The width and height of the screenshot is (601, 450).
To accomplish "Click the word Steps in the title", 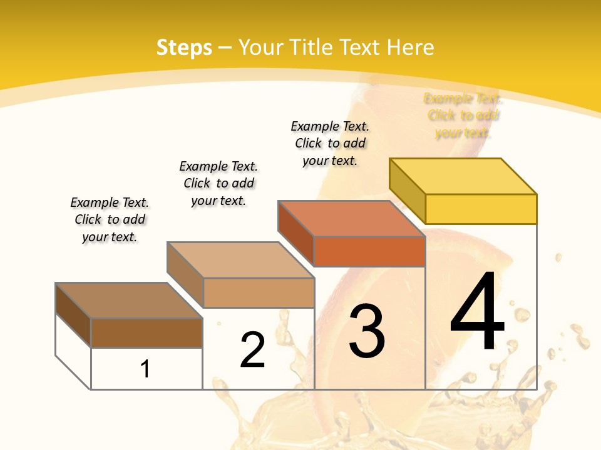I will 184,47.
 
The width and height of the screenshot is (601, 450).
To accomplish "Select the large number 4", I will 477,312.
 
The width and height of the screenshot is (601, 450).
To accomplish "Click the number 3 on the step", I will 367,331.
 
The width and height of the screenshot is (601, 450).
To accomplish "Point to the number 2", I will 253,349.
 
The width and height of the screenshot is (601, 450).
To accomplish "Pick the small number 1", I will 145,369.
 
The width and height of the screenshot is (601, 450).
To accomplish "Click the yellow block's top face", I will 463,176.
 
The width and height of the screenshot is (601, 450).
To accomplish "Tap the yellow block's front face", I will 481,209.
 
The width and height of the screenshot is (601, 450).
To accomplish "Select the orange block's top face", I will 351,219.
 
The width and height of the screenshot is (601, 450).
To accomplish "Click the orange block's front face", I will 369,251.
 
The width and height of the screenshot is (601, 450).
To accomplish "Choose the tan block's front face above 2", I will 259,292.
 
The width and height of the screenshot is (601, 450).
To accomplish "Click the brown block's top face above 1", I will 129,301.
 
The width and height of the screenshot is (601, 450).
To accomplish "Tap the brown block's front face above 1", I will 146,332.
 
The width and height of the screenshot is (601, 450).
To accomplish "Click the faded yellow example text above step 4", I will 463,116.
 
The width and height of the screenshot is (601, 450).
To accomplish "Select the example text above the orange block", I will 330,143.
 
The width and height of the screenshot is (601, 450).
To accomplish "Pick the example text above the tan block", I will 218,183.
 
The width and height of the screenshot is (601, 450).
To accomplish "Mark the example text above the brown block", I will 110,219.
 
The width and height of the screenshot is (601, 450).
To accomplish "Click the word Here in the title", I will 410,47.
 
